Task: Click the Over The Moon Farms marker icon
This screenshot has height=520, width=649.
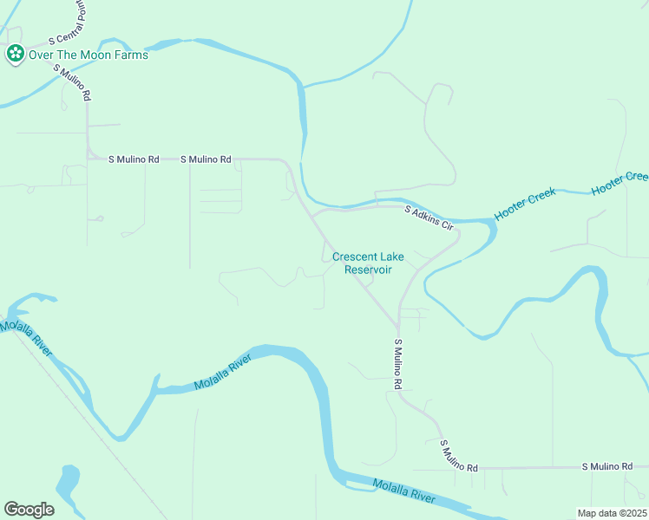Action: (x=15, y=55)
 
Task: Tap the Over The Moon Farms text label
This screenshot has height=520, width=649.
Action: (x=88, y=55)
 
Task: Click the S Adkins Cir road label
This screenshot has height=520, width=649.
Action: (x=429, y=217)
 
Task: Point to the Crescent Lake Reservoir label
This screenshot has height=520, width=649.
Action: (x=368, y=263)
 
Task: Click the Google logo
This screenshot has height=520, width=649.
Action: (x=29, y=509)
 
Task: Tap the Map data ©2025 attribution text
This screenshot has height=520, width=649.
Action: (x=612, y=513)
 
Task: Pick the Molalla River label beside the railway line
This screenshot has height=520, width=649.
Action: (x=27, y=337)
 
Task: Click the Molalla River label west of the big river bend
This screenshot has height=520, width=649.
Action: (x=223, y=370)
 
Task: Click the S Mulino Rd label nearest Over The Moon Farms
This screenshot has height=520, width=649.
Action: (x=74, y=84)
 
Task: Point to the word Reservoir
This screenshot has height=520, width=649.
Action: (x=368, y=270)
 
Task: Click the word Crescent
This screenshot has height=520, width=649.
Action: (x=353, y=257)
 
